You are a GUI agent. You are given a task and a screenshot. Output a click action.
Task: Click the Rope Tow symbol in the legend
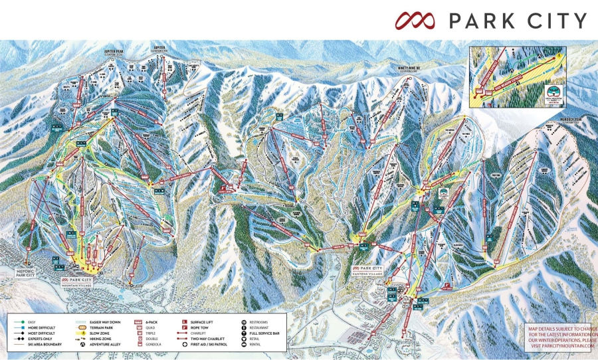tap(183, 327)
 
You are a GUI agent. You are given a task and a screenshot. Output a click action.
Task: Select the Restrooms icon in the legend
tap(244, 321)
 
